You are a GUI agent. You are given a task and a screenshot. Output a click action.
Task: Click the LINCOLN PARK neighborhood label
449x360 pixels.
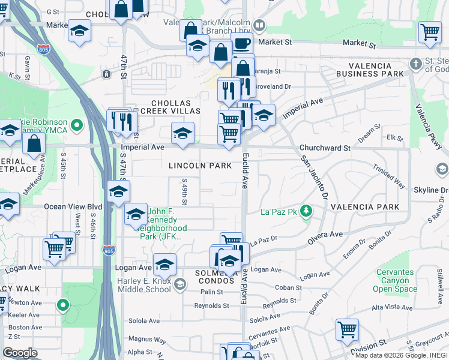click(200, 165)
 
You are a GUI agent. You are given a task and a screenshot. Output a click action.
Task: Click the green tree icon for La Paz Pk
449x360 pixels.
click(306, 211)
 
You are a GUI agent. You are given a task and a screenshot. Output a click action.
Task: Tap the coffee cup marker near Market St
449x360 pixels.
click(242, 43)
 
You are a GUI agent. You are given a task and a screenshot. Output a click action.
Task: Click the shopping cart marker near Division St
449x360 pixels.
click(347, 329)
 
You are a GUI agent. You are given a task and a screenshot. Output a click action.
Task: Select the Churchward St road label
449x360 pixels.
click(325, 148)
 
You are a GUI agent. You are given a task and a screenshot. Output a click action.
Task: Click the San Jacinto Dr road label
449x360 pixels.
click(315, 178)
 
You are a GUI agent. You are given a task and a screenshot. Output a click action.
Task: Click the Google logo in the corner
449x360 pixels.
click(20, 353)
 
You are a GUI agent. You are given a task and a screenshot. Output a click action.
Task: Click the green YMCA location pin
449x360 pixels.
click(76, 125)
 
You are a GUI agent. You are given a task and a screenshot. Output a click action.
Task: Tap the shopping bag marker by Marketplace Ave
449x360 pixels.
click(34, 144)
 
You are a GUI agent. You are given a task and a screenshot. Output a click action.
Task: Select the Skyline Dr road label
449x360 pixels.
click(430, 190)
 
